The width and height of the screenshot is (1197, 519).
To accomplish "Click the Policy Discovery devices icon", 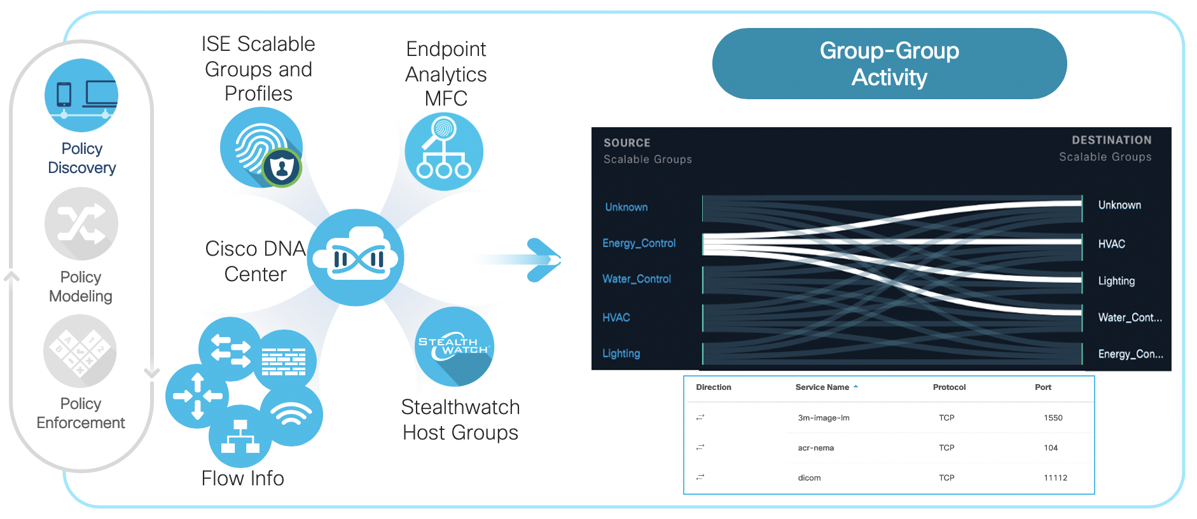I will click(81, 95).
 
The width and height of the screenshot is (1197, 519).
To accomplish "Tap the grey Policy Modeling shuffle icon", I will click(81, 224).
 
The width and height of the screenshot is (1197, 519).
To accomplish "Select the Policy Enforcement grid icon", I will click(80, 351).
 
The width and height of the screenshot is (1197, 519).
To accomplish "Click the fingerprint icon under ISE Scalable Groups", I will click(261, 148).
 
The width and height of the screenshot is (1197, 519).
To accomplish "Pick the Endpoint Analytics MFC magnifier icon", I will click(444, 151).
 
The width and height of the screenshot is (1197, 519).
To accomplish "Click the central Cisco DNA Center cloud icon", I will click(356, 258).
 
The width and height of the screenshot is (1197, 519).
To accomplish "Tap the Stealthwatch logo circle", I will click(454, 347).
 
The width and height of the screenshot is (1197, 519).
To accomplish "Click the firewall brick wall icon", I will click(284, 361).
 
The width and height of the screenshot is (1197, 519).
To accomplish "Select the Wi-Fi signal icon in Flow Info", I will click(291, 415).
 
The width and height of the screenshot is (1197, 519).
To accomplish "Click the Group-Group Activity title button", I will click(889, 64).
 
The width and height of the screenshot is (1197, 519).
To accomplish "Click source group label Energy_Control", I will click(639, 243).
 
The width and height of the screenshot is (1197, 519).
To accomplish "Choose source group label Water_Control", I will click(636, 279).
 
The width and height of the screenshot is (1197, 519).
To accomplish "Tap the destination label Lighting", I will click(1116, 280).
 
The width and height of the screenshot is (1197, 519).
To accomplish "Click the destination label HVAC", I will click(1111, 244).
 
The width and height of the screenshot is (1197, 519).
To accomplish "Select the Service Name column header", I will click(822, 387).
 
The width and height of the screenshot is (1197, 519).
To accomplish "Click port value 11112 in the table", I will click(1055, 478).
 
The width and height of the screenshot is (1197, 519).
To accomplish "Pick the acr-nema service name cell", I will click(815, 448).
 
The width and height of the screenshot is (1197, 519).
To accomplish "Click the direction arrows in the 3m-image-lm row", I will click(700, 417).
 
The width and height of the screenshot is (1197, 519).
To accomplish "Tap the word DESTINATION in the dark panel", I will click(1111, 140).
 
